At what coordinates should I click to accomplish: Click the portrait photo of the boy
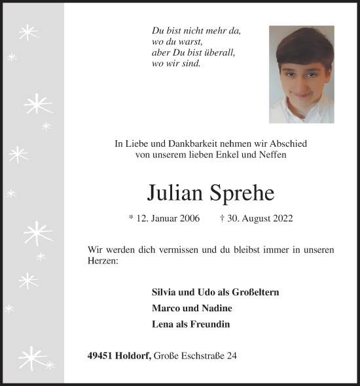click(x=301, y=74)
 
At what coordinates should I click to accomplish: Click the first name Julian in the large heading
click(x=176, y=192)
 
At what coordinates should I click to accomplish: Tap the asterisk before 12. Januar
click(x=132, y=218)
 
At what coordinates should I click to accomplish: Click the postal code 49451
click(x=99, y=356)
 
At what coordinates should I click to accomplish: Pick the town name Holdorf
click(x=134, y=356)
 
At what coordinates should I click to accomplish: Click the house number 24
click(x=232, y=356)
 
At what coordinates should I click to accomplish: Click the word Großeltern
click(x=252, y=292)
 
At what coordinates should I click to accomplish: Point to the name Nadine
click(x=217, y=308)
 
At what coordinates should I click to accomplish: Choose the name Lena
click(x=163, y=324)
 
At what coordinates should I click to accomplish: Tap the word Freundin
click(x=210, y=324)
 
